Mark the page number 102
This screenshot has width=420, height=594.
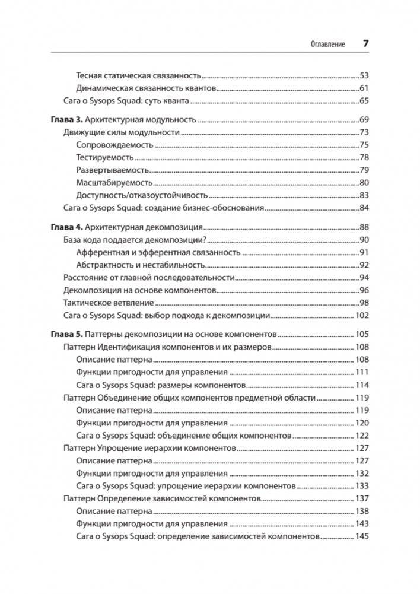(362, 316)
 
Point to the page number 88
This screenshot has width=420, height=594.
(364, 227)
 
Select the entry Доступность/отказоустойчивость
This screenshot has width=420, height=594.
(142, 195)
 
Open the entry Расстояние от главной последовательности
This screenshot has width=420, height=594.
(149, 278)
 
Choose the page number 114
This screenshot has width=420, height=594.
(362, 385)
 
